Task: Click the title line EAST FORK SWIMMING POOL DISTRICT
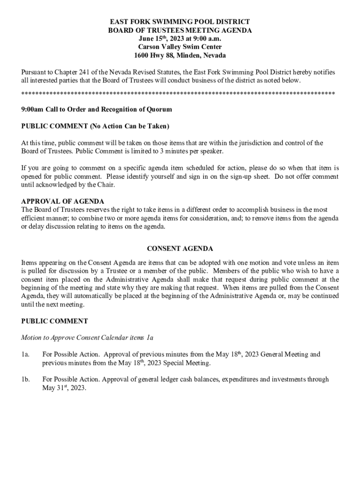tap(180, 22)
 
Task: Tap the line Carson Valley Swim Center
tap(180, 47)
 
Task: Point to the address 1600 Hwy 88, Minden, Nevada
tap(180, 56)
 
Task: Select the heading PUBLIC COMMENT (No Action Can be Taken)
tap(95, 126)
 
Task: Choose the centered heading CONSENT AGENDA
tap(180, 249)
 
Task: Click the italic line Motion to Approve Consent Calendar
tap(87, 337)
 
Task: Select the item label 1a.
tap(26, 355)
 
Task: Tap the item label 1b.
tap(26, 379)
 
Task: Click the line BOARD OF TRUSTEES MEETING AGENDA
tap(180, 30)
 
